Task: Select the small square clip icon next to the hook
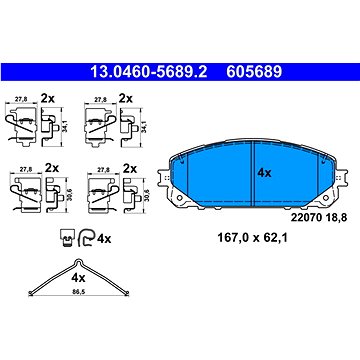(67, 237)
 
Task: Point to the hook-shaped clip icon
(86, 237)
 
